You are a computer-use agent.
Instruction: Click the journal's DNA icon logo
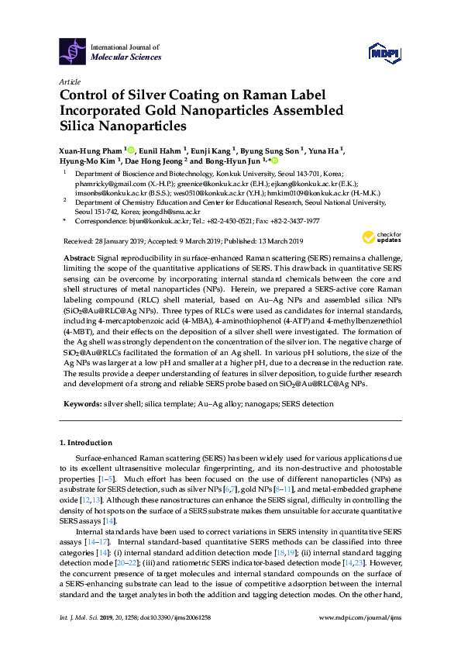pos(72,52)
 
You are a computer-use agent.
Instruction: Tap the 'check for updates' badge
pos(382,237)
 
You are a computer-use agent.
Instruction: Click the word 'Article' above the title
pos(68,81)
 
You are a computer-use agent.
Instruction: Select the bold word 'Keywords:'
pos(81,405)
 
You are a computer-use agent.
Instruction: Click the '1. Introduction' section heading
pos(86,443)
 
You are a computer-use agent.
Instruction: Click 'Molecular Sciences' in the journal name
pos(126,57)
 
